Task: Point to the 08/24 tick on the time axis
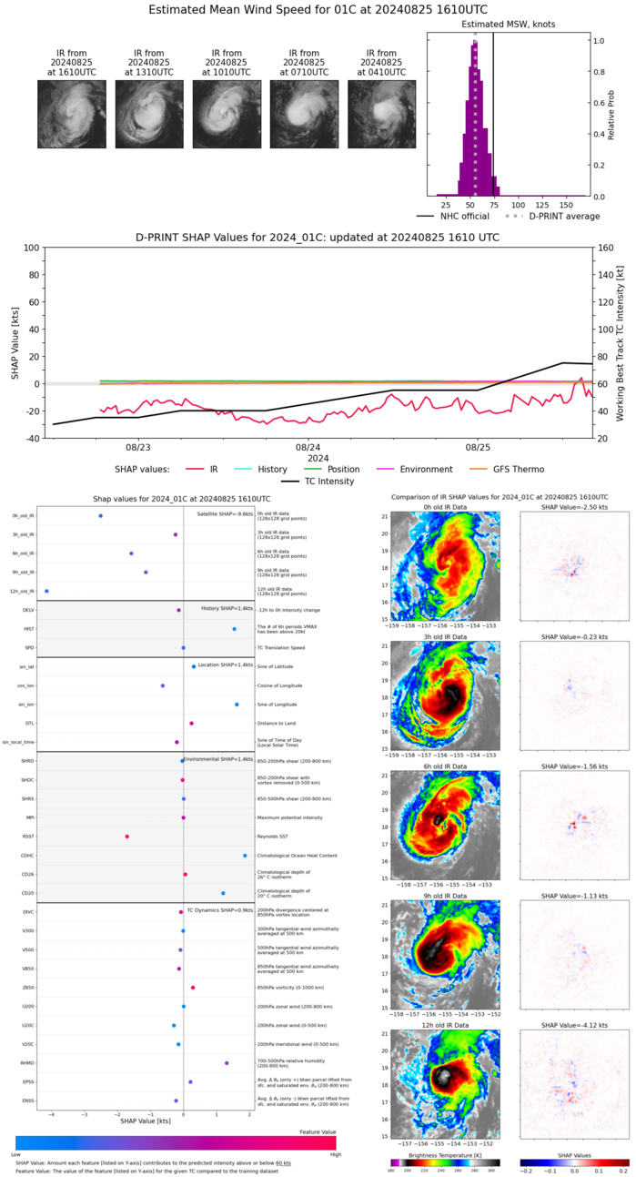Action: click(x=308, y=448)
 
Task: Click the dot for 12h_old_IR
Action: click(x=46, y=591)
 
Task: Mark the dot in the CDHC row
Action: click(x=245, y=856)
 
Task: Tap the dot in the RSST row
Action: click(x=127, y=837)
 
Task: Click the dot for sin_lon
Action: click(x=237, y=704)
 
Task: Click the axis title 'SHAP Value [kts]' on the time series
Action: click(x=15, y=343)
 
